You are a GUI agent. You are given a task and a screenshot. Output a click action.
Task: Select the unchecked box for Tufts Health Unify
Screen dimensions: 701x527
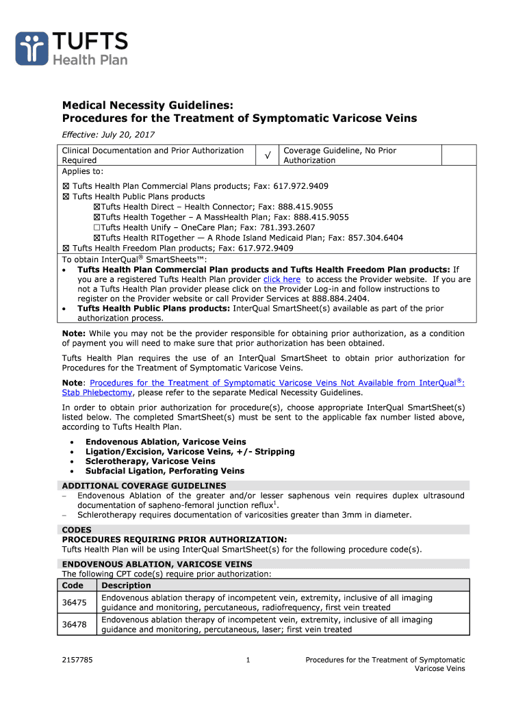click(97, 228)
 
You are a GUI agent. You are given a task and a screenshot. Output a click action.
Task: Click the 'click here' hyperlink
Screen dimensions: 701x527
click(282, 279)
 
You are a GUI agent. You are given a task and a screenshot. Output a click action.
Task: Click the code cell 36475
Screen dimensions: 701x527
click(74, 602)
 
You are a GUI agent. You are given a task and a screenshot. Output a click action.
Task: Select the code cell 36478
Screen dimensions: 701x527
click(74, 624)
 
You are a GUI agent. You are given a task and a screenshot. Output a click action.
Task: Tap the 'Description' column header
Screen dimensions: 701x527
click(126, 585)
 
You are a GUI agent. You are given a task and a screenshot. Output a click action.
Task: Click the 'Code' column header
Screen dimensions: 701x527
click(73, 585)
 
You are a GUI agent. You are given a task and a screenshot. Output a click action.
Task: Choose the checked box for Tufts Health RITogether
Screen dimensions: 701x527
click(97, 238)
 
